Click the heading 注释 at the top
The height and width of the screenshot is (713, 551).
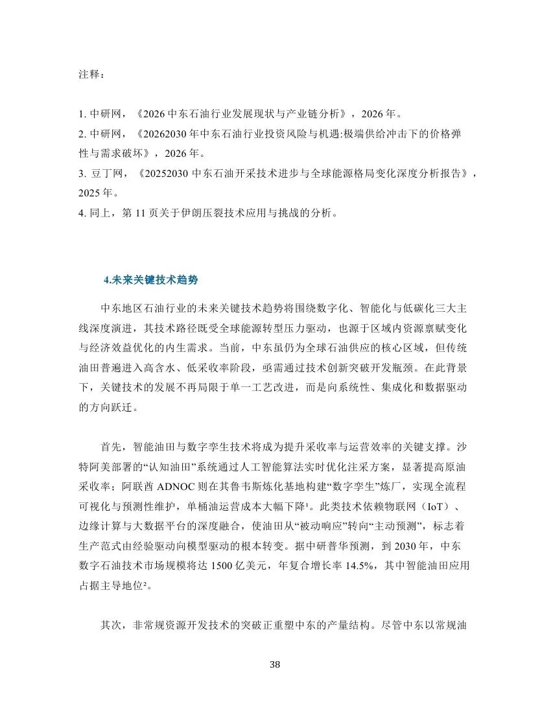[x=90, y=75]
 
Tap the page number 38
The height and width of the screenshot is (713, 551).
[x=275, y=665]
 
